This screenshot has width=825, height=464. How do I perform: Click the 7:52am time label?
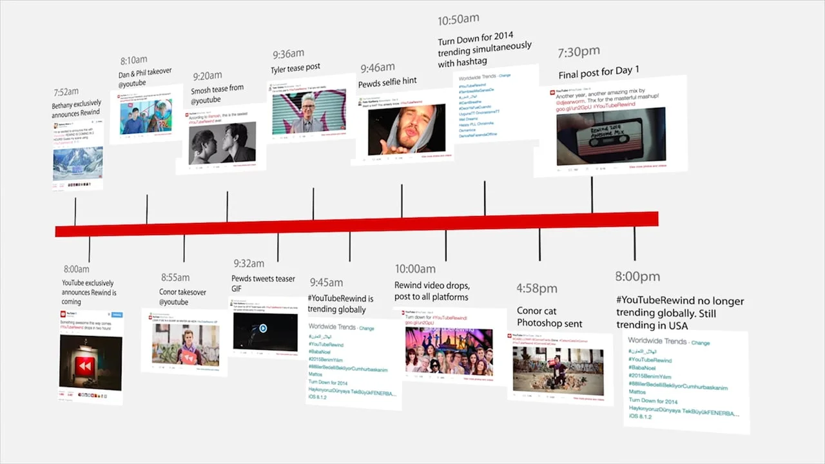tap(66, 92)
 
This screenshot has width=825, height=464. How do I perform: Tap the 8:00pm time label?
tap(637, 276)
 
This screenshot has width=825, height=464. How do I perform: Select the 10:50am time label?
tap(458, 21)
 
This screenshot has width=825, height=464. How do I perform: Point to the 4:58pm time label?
tap(537, 288)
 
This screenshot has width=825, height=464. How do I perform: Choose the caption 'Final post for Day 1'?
tap(599, 71)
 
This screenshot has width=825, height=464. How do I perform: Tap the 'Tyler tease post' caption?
tap(295, 68)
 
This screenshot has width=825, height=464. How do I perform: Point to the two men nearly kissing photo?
tap(222, 143)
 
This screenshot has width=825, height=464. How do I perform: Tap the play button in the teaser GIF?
tap(263, 329)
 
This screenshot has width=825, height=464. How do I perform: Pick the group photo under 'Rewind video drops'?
tap(449, 352)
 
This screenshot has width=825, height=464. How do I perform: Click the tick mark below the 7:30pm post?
tap(592, 195)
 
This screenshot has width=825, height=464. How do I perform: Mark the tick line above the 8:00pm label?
tap(634, 243)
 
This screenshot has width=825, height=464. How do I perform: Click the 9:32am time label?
tap(249, 264)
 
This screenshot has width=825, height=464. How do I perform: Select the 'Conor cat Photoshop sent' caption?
tap(549, 317)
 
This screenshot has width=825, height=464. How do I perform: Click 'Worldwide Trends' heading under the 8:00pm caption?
tap(657, 341)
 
